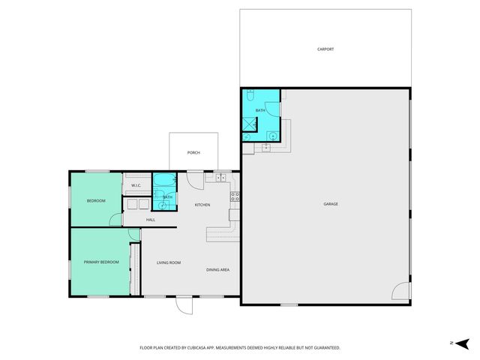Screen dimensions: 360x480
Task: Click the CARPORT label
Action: [325, 49]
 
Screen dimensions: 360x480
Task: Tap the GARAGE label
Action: [330, 204]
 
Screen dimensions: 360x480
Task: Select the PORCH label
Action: [193, 152]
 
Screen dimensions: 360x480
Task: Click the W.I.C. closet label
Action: [136, 185]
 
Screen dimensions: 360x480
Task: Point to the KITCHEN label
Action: [202, 205]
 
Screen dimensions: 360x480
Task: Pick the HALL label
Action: [150, 220]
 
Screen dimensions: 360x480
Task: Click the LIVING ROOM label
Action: [169, 262]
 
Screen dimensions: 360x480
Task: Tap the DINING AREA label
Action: [217, 269]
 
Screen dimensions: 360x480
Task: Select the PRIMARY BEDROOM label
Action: [100, 262]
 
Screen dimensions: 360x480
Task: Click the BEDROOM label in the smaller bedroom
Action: [95, 201]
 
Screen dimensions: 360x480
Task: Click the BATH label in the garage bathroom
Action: [260, 110]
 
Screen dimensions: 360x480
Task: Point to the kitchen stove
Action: [234, 198]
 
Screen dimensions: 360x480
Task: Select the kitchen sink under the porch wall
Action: [220, 178]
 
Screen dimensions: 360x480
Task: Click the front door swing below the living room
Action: [184, 305]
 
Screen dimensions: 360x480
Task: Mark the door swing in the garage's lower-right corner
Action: [401, 291]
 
